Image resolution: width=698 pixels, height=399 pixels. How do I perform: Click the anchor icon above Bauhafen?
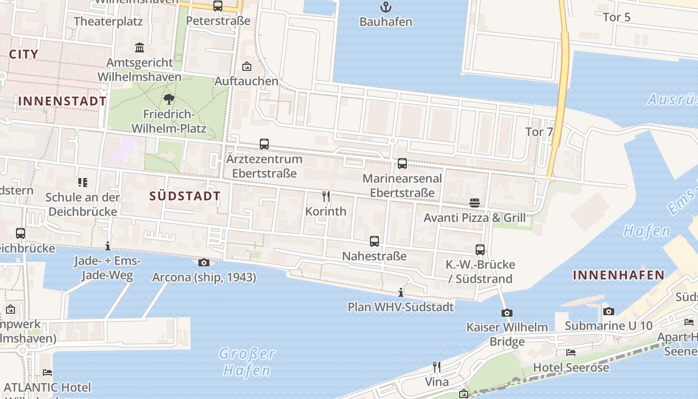tap(385, 7)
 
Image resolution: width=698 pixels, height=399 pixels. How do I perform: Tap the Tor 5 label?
tap(617, 17)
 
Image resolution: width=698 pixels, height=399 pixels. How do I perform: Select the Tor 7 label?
tap(539, 132)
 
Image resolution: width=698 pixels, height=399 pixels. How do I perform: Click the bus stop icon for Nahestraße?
tap(374, 241)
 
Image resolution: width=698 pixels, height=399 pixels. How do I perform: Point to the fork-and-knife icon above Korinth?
tap(326, 196)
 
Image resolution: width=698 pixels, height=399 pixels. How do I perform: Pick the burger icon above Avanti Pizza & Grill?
tap(475, 203)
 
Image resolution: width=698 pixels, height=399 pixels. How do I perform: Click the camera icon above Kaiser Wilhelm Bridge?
tap(507, 313)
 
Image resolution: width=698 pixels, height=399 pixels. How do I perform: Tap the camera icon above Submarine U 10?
tap(608, 311)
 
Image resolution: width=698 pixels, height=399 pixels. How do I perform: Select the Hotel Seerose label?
tap(571, 368)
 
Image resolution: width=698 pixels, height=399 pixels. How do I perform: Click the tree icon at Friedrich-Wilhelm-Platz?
tap(169, 99)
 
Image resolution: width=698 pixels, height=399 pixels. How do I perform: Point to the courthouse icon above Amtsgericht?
tap(140, 48)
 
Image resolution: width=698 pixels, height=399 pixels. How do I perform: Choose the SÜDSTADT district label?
tap(185, 196)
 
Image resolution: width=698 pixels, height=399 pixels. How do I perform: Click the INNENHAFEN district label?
tap(618, 275)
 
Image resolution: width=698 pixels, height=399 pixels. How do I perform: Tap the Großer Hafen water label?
tap(247, 362)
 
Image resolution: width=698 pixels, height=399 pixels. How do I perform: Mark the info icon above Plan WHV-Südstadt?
tap(401, 292)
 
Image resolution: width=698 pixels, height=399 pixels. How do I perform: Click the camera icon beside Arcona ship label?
tap(203, 262)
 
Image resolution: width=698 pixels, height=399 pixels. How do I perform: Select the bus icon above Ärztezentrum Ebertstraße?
tap(264, 144)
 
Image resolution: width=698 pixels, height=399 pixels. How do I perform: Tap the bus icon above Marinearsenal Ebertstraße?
tap(402, 164)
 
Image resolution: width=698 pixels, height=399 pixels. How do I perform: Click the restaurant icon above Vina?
tap(437, 367)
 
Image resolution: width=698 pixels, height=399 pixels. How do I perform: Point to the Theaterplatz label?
tap(108, 21)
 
